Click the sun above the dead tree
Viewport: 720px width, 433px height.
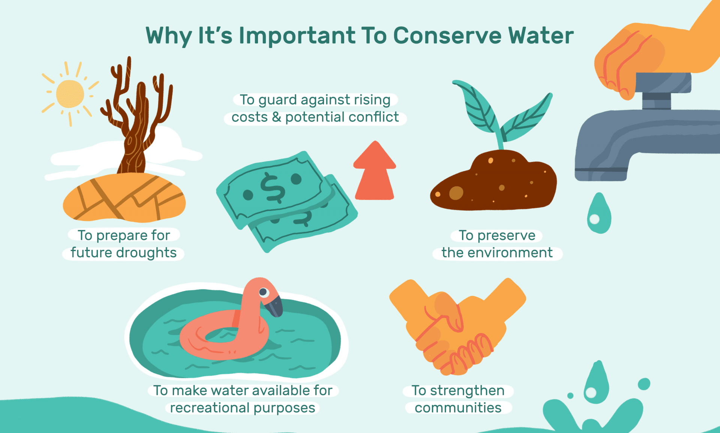pyautogui.click(x=70, y=94)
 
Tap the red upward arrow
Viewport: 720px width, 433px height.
pyautogui.click(x=375, y=172)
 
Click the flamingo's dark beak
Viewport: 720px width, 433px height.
pyautogui.click(x=274, y=305)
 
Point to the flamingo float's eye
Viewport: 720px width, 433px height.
pyautogui.click(x=263, y=292)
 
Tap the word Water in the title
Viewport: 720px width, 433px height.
pyautogui.click(x=541, y=36)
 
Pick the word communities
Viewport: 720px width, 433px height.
pyautogui.click(x=458, y=408)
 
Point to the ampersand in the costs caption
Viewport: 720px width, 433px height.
pyautogui.click(x=276, y=117)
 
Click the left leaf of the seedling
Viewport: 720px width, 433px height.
pyautogui.click(x=476, y=107)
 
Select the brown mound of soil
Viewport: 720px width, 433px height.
pyautogui.click(x=495, y=184)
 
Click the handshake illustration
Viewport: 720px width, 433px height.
pyautogui.click(x=457, y=326)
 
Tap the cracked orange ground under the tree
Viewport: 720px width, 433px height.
pyautogui.click(x=124, y=199)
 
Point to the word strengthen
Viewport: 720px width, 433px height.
pyautogui.click(x=467, y=390)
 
